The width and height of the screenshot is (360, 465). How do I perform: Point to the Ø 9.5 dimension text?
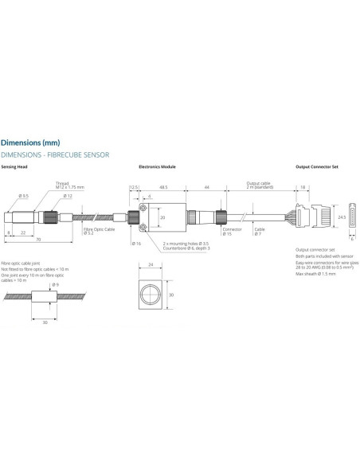tap(24, 196)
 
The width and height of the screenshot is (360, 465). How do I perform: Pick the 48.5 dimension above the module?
tap(162, 187)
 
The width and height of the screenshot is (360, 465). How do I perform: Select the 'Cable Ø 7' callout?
tap(259, 231)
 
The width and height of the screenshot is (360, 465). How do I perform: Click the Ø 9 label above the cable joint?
tap(55, 285)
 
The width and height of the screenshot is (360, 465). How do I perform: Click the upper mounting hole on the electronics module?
tap(141, 209)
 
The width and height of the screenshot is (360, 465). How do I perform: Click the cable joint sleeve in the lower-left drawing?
tap(44, 302)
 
